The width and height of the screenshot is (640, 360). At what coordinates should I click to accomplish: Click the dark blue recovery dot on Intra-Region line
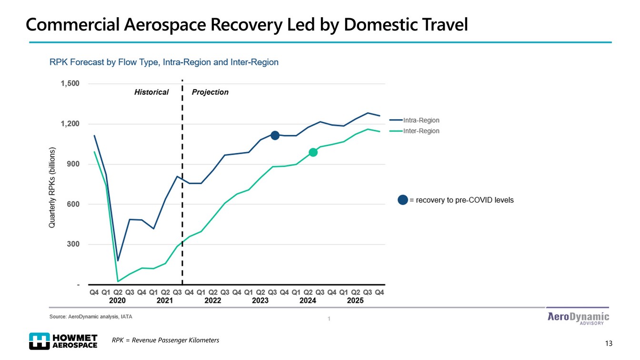click(x=275, y=136)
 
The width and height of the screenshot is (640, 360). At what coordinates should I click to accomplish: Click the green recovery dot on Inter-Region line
click(x=313, y=152)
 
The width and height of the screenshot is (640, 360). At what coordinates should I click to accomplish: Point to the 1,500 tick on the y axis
click(x=70, y=84)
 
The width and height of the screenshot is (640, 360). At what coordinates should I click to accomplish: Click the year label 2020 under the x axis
click(x=117, y=300)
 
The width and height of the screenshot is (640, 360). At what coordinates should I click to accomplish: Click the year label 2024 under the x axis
click(x=308, y=300)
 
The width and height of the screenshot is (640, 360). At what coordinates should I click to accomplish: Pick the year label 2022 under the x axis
click(x=212, y=300)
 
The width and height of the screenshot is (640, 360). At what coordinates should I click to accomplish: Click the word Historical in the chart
click(x=151, y=92)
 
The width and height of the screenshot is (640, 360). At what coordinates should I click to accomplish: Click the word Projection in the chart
click(x=210, y=92)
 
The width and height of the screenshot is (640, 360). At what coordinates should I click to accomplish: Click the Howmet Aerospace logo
click(x=63, y=341)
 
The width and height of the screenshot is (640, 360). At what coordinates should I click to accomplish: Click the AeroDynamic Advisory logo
click(x=578, y=318)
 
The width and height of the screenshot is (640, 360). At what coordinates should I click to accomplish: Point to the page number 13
click(x=608, y=343)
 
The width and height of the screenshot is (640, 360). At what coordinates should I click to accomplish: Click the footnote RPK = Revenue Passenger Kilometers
click(x=165, y=340)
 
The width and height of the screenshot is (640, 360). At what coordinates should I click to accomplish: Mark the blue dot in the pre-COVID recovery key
click(x=403, y=200)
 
